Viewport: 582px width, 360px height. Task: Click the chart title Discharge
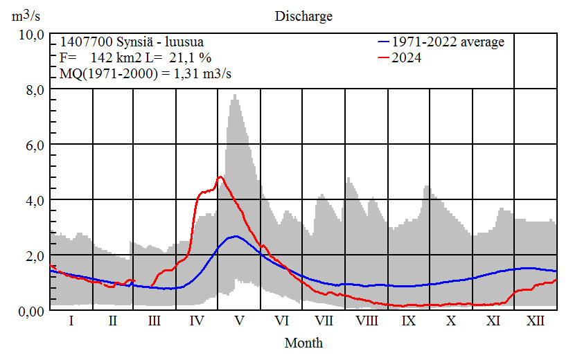coord(303,16)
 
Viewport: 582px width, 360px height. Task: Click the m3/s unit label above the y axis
coord(27,16)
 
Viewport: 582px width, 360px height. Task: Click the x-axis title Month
coord(303,343)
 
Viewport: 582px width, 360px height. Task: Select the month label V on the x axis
coord(240,321)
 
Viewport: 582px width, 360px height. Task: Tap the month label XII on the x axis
coord(536,321)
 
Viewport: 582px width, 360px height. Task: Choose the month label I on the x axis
coord(71,321)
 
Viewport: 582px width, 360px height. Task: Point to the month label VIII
coord(367,321)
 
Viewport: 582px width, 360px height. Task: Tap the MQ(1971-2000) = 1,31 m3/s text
coord(146,74)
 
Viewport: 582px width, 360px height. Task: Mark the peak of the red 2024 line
coord(220,177)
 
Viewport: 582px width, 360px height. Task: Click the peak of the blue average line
coord(236,236)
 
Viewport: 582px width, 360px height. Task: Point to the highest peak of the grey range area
coord(235,95)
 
